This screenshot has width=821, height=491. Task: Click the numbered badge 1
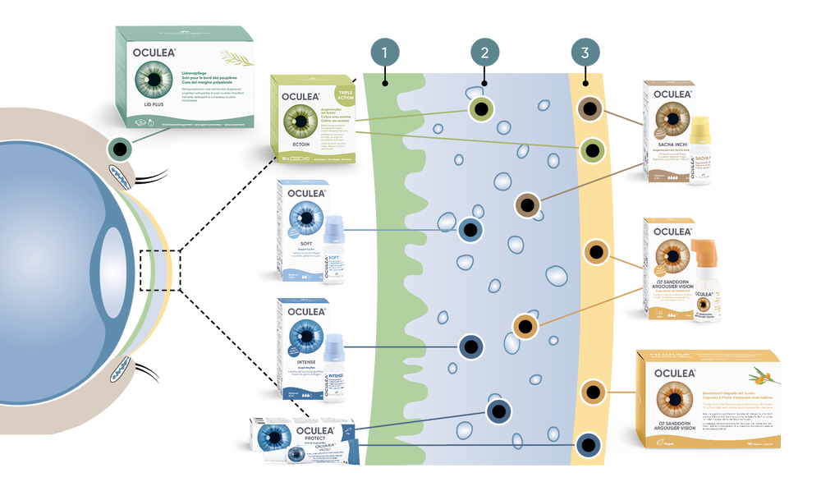[385, 53]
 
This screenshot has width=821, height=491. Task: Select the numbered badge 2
[484, 53]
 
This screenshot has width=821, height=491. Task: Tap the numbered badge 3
[584, 53]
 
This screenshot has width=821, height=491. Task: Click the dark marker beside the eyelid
[121, 149]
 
